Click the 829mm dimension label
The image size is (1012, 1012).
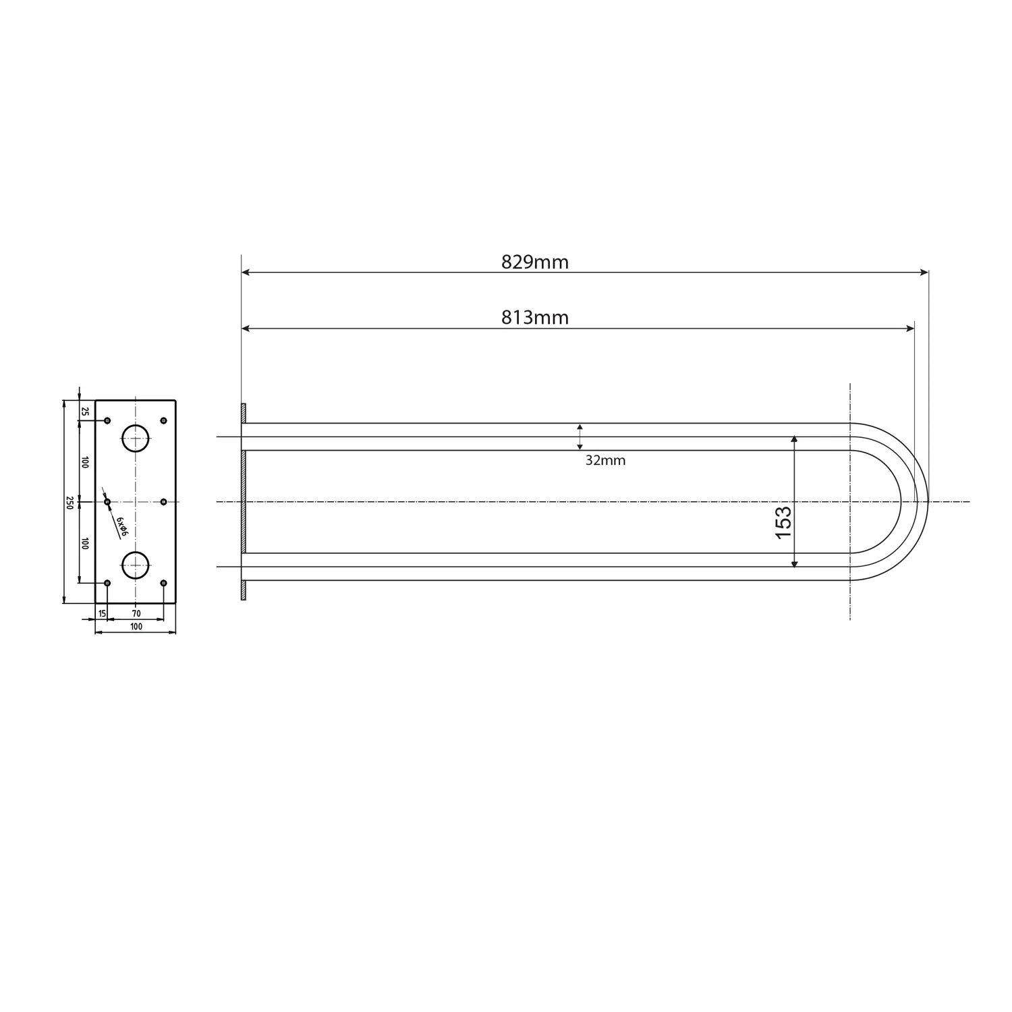coord(534,262)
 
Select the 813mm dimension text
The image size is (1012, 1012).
coord(534,318)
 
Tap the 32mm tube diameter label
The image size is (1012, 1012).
coord(605,461)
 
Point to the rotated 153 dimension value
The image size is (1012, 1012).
coord(783,522)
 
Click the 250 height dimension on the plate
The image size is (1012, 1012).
coord(69,502)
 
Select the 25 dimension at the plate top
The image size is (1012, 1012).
coord(85,411)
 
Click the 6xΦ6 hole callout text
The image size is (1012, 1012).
coord(121,527)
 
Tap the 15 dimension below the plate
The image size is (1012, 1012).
coord(102,613)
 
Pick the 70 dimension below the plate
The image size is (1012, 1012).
coord(136,613)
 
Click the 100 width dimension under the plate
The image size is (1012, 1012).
coord(136,627)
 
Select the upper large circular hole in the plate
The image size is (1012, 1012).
coord(136,439)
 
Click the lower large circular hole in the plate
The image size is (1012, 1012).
coord(136,565)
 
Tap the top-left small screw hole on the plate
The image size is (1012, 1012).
coord(107,421)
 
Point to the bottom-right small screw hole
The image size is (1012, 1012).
coord(163,583)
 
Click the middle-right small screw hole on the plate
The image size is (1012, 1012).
coord(163,502)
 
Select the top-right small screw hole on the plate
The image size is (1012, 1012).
coord(163,421)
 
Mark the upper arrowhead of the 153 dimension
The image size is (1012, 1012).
coord(794,439)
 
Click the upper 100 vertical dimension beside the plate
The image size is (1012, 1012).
coord(85,462)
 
